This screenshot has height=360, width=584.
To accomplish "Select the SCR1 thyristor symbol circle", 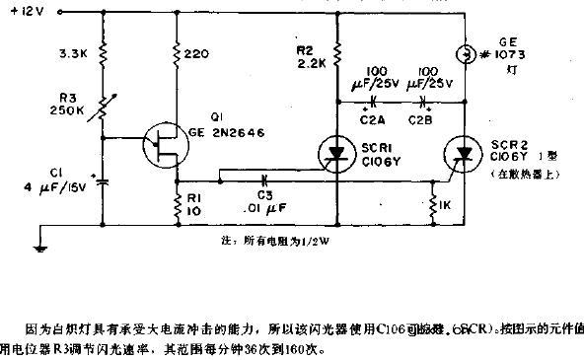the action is (x=335, y=151).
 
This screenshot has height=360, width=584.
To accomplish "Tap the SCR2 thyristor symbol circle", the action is (x=463, y=151).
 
